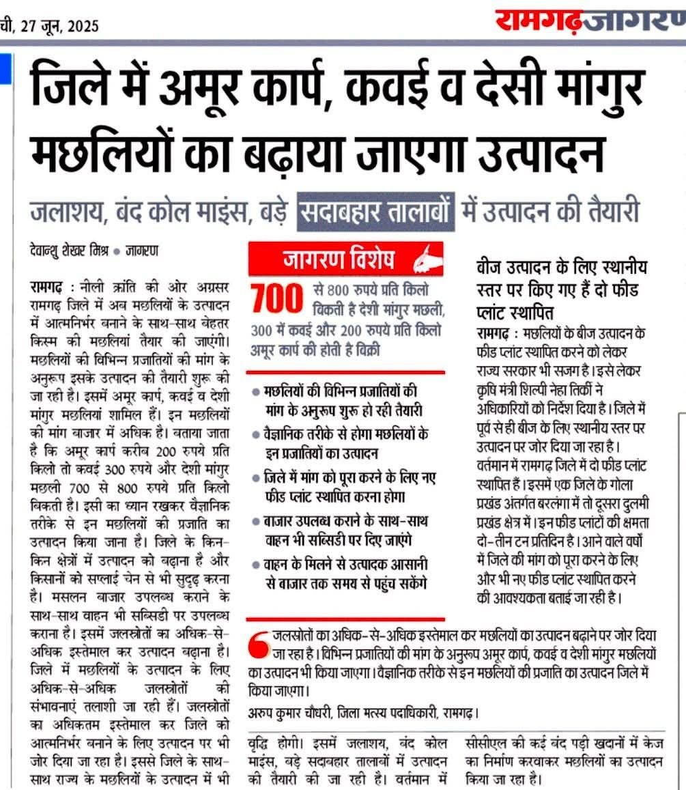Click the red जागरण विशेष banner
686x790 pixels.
point(345,260)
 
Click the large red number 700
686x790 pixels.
point(276,299)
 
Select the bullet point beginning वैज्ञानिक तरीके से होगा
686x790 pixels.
point(345,442)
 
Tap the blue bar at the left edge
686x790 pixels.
point(3,68)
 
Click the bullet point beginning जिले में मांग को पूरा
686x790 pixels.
point(345,485)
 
